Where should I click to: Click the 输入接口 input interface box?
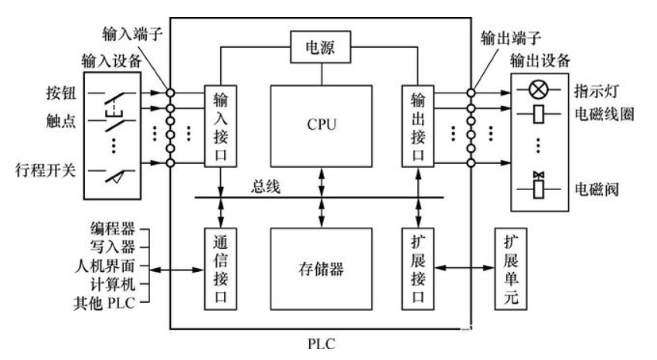pyautogui.click(x=220, y=124)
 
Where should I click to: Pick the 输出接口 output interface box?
pyautogui.click(x=418, y=124)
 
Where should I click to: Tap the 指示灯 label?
pyautogui.click(x=599, y=90)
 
